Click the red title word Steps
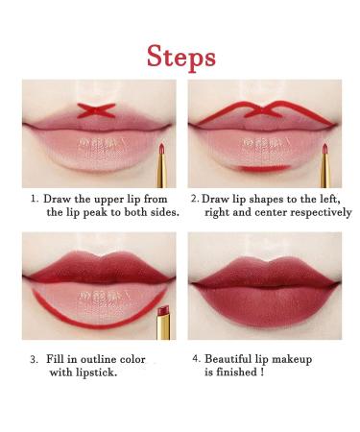181,58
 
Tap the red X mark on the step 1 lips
96,110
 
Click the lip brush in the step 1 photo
162,165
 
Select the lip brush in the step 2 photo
325,165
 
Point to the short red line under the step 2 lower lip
265,168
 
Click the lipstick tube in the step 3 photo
164,323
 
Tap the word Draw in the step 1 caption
57,199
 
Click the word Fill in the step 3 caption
55,359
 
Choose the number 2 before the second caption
195,199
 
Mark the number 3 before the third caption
34,359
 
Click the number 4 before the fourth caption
196,358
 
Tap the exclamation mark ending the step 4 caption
262,372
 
